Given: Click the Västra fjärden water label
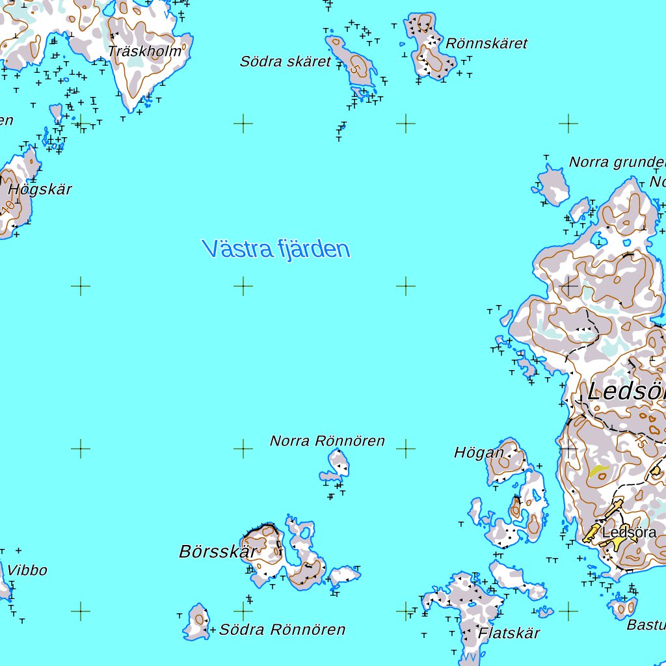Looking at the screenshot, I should click(x=276, y=249).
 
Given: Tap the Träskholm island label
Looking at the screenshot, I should click(x=145, y=51).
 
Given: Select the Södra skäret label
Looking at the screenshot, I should click(x=286, y=62).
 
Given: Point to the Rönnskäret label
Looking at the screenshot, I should click(x=486, y=44).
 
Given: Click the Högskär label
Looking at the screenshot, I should click(x=40, y=190).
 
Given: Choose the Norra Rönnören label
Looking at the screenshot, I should click(x=327, y=441).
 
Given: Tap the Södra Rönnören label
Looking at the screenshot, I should click(x=282, y=630).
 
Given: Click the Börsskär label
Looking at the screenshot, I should click(x=217, y=552).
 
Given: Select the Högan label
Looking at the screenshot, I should click(x=479, y=453).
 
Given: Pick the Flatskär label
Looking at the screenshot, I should click(x=509, y=633).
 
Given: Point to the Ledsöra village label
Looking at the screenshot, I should click(x=629, y=533).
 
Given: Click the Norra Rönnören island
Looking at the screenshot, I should click(x=338, y=466).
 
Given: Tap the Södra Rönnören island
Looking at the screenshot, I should click(x=197, y=622).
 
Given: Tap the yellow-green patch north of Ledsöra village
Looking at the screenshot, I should click(x=598, y=471).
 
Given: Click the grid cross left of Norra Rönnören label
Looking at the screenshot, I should click(x=243, y=448).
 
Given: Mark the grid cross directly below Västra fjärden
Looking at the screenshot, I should click(x=243, y=286).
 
